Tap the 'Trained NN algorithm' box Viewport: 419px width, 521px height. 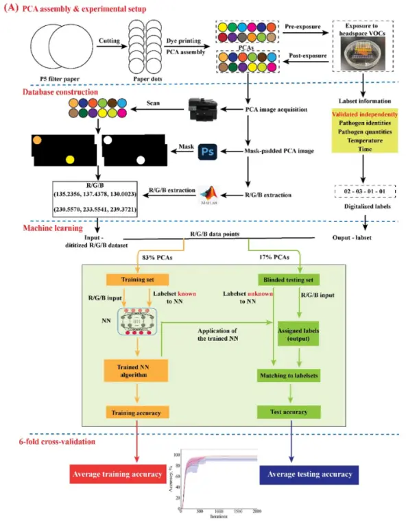coord(136,370)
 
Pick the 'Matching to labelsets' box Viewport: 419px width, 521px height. coord(291,375)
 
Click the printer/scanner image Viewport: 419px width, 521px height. coord(204,109)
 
